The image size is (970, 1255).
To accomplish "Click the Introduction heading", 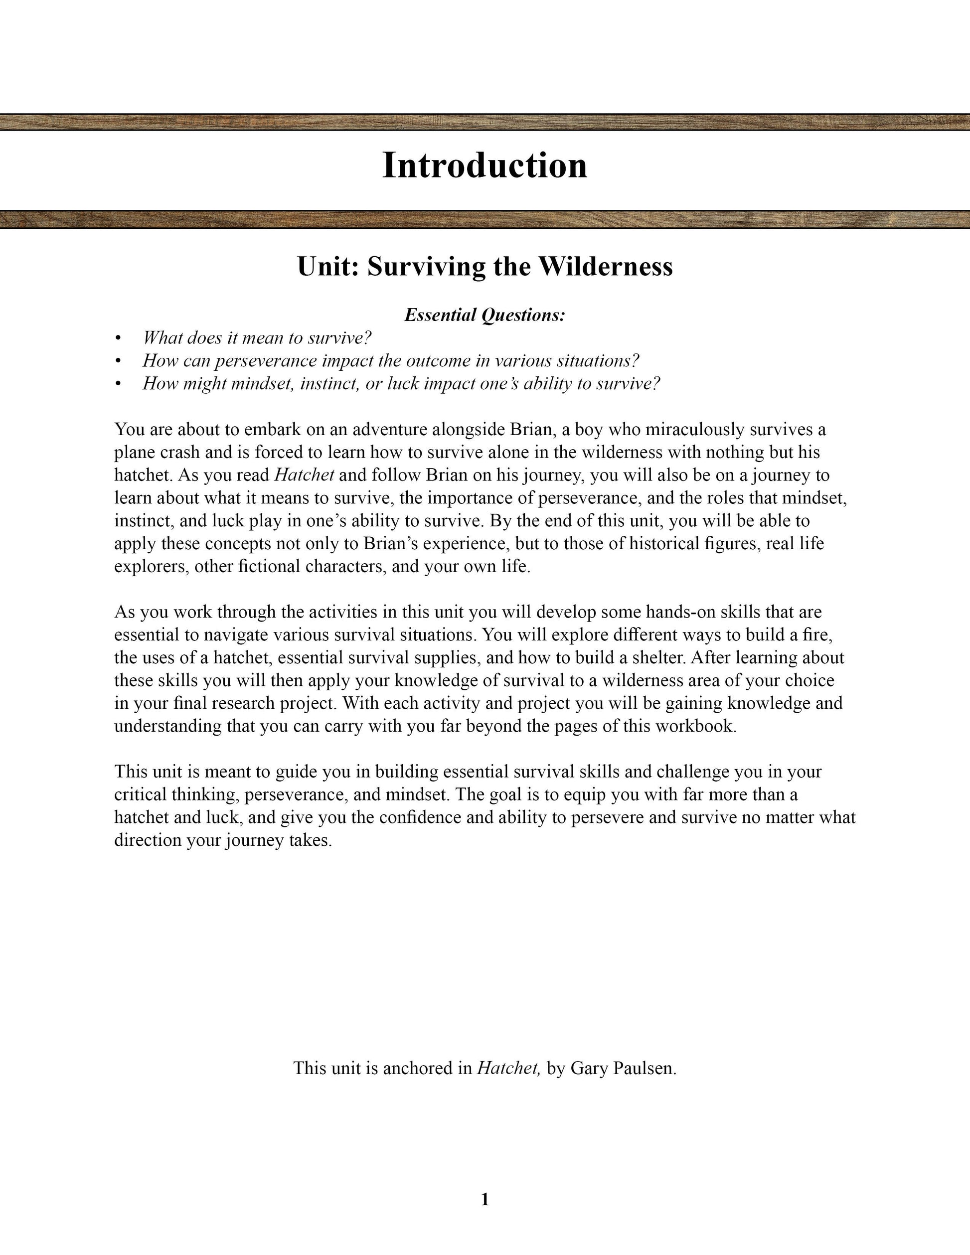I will coord(485,165).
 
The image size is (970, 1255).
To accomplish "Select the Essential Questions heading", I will coord(485,315).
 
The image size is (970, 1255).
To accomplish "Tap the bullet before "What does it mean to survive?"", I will coord(118,338).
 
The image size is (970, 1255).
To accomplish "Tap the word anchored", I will coord(418,1068).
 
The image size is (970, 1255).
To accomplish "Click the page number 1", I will coord(485,1199).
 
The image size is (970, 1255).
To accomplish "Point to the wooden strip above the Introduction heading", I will coord(485,122).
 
